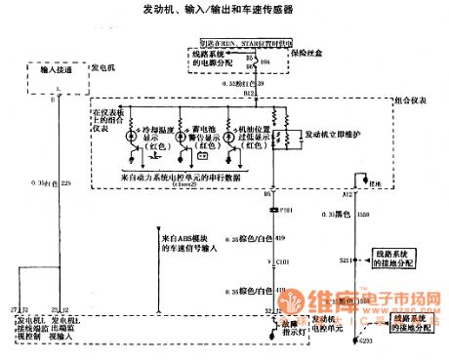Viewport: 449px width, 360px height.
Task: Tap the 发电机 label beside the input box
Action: [x=102, y=69]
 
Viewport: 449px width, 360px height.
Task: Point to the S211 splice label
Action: [x=347, y=262]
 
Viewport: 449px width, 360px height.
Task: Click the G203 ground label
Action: [x=363, y=340]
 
